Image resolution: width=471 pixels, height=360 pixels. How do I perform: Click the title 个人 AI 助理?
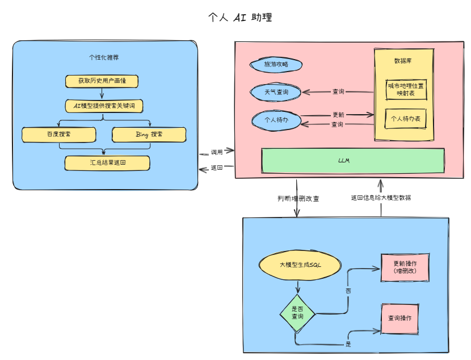[x=240, y=17]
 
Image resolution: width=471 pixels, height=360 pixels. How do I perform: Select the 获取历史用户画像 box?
[x=102, y=81]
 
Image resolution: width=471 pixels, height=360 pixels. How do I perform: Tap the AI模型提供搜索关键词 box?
[x=104, y=106]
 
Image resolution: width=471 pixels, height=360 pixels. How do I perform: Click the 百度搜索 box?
[x=59, y=135]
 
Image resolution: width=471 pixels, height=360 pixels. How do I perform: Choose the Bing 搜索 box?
[x=149, y=135]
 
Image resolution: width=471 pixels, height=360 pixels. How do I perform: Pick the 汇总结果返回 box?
[x=107, y=163]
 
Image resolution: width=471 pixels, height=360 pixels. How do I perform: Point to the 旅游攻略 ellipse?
[x=276, y=65]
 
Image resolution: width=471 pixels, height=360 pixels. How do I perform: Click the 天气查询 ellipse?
[x=276, y=92]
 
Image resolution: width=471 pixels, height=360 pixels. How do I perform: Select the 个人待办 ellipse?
[x=276, y=120]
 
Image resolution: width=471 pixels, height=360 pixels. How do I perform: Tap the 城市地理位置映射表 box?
[x=406, y=90]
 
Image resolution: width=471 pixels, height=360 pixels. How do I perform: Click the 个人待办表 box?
[x=406, y=119]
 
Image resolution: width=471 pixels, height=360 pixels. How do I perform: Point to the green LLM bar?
[x=353, y=161]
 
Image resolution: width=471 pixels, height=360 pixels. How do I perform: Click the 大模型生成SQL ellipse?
[x=300, y=265]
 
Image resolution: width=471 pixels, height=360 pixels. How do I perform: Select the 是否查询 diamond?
[x=297, y=313]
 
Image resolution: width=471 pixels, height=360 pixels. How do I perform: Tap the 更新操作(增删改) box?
[x=405, y=267]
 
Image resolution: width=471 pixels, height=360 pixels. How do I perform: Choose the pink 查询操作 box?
[x=400, y=319]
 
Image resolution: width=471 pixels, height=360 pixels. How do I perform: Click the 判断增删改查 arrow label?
[x=298, y=199]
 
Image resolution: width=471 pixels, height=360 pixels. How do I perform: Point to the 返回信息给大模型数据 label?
[x=381, y=198]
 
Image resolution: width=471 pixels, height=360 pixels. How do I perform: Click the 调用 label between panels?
[x=217, y=152]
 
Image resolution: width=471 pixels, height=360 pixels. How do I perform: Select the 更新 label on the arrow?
[x=338, y=115]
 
